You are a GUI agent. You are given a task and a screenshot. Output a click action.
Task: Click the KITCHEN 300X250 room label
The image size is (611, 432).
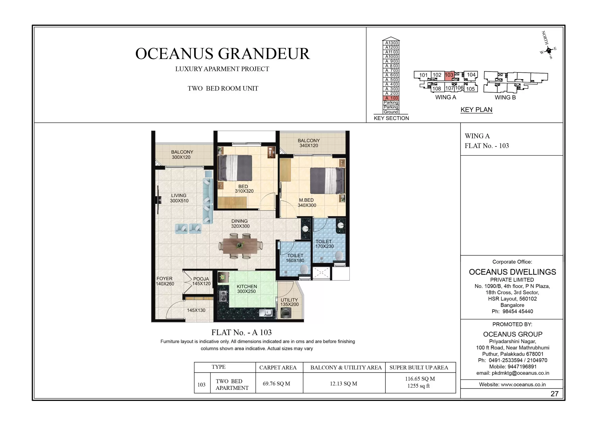247,289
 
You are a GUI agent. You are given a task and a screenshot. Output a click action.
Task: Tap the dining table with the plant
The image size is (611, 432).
240,245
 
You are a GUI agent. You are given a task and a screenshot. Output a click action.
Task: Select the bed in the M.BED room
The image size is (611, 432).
328,181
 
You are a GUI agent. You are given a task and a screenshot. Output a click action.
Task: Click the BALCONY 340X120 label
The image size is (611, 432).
309,143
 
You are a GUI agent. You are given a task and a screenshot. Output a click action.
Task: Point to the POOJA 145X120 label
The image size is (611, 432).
201,281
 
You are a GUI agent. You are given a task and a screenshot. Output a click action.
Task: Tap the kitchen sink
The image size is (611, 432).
266,313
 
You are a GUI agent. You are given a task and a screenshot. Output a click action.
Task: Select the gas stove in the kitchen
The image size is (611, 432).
223,296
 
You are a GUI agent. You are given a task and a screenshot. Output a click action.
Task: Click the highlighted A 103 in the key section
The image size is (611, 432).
391,98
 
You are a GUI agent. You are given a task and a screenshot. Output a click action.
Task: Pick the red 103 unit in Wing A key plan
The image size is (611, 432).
449,75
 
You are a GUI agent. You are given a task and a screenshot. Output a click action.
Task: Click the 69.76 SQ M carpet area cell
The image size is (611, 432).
276,384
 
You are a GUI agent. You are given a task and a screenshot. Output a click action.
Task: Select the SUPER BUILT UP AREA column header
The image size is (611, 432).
419,368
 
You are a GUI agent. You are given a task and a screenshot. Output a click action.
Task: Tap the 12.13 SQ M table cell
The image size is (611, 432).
343,384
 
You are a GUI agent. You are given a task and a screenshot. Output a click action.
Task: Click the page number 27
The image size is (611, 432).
554,394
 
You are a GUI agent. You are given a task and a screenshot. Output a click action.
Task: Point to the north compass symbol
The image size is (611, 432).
548,50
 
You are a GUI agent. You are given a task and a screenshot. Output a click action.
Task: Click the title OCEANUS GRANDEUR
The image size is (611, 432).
222,54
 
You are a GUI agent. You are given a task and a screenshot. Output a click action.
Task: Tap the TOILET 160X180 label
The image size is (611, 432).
295,258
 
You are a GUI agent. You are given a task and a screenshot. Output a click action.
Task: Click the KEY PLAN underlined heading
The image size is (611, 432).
476,110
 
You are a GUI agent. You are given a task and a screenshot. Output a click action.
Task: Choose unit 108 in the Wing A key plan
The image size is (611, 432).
436,89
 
